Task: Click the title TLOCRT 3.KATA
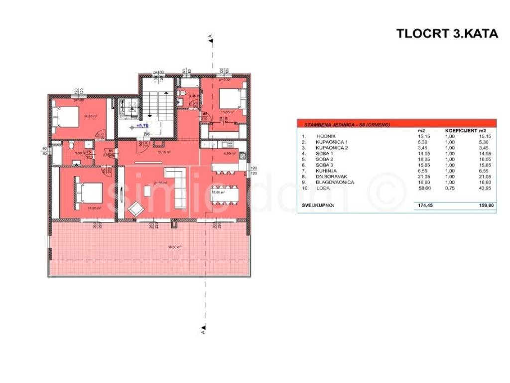[x=447, y=34]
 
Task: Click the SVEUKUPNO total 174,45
[x=423, y=205]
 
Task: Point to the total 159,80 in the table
[x=485, y=205]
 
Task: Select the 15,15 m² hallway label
[x=164, y=152]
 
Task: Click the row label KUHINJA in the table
[x=326, y=171]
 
